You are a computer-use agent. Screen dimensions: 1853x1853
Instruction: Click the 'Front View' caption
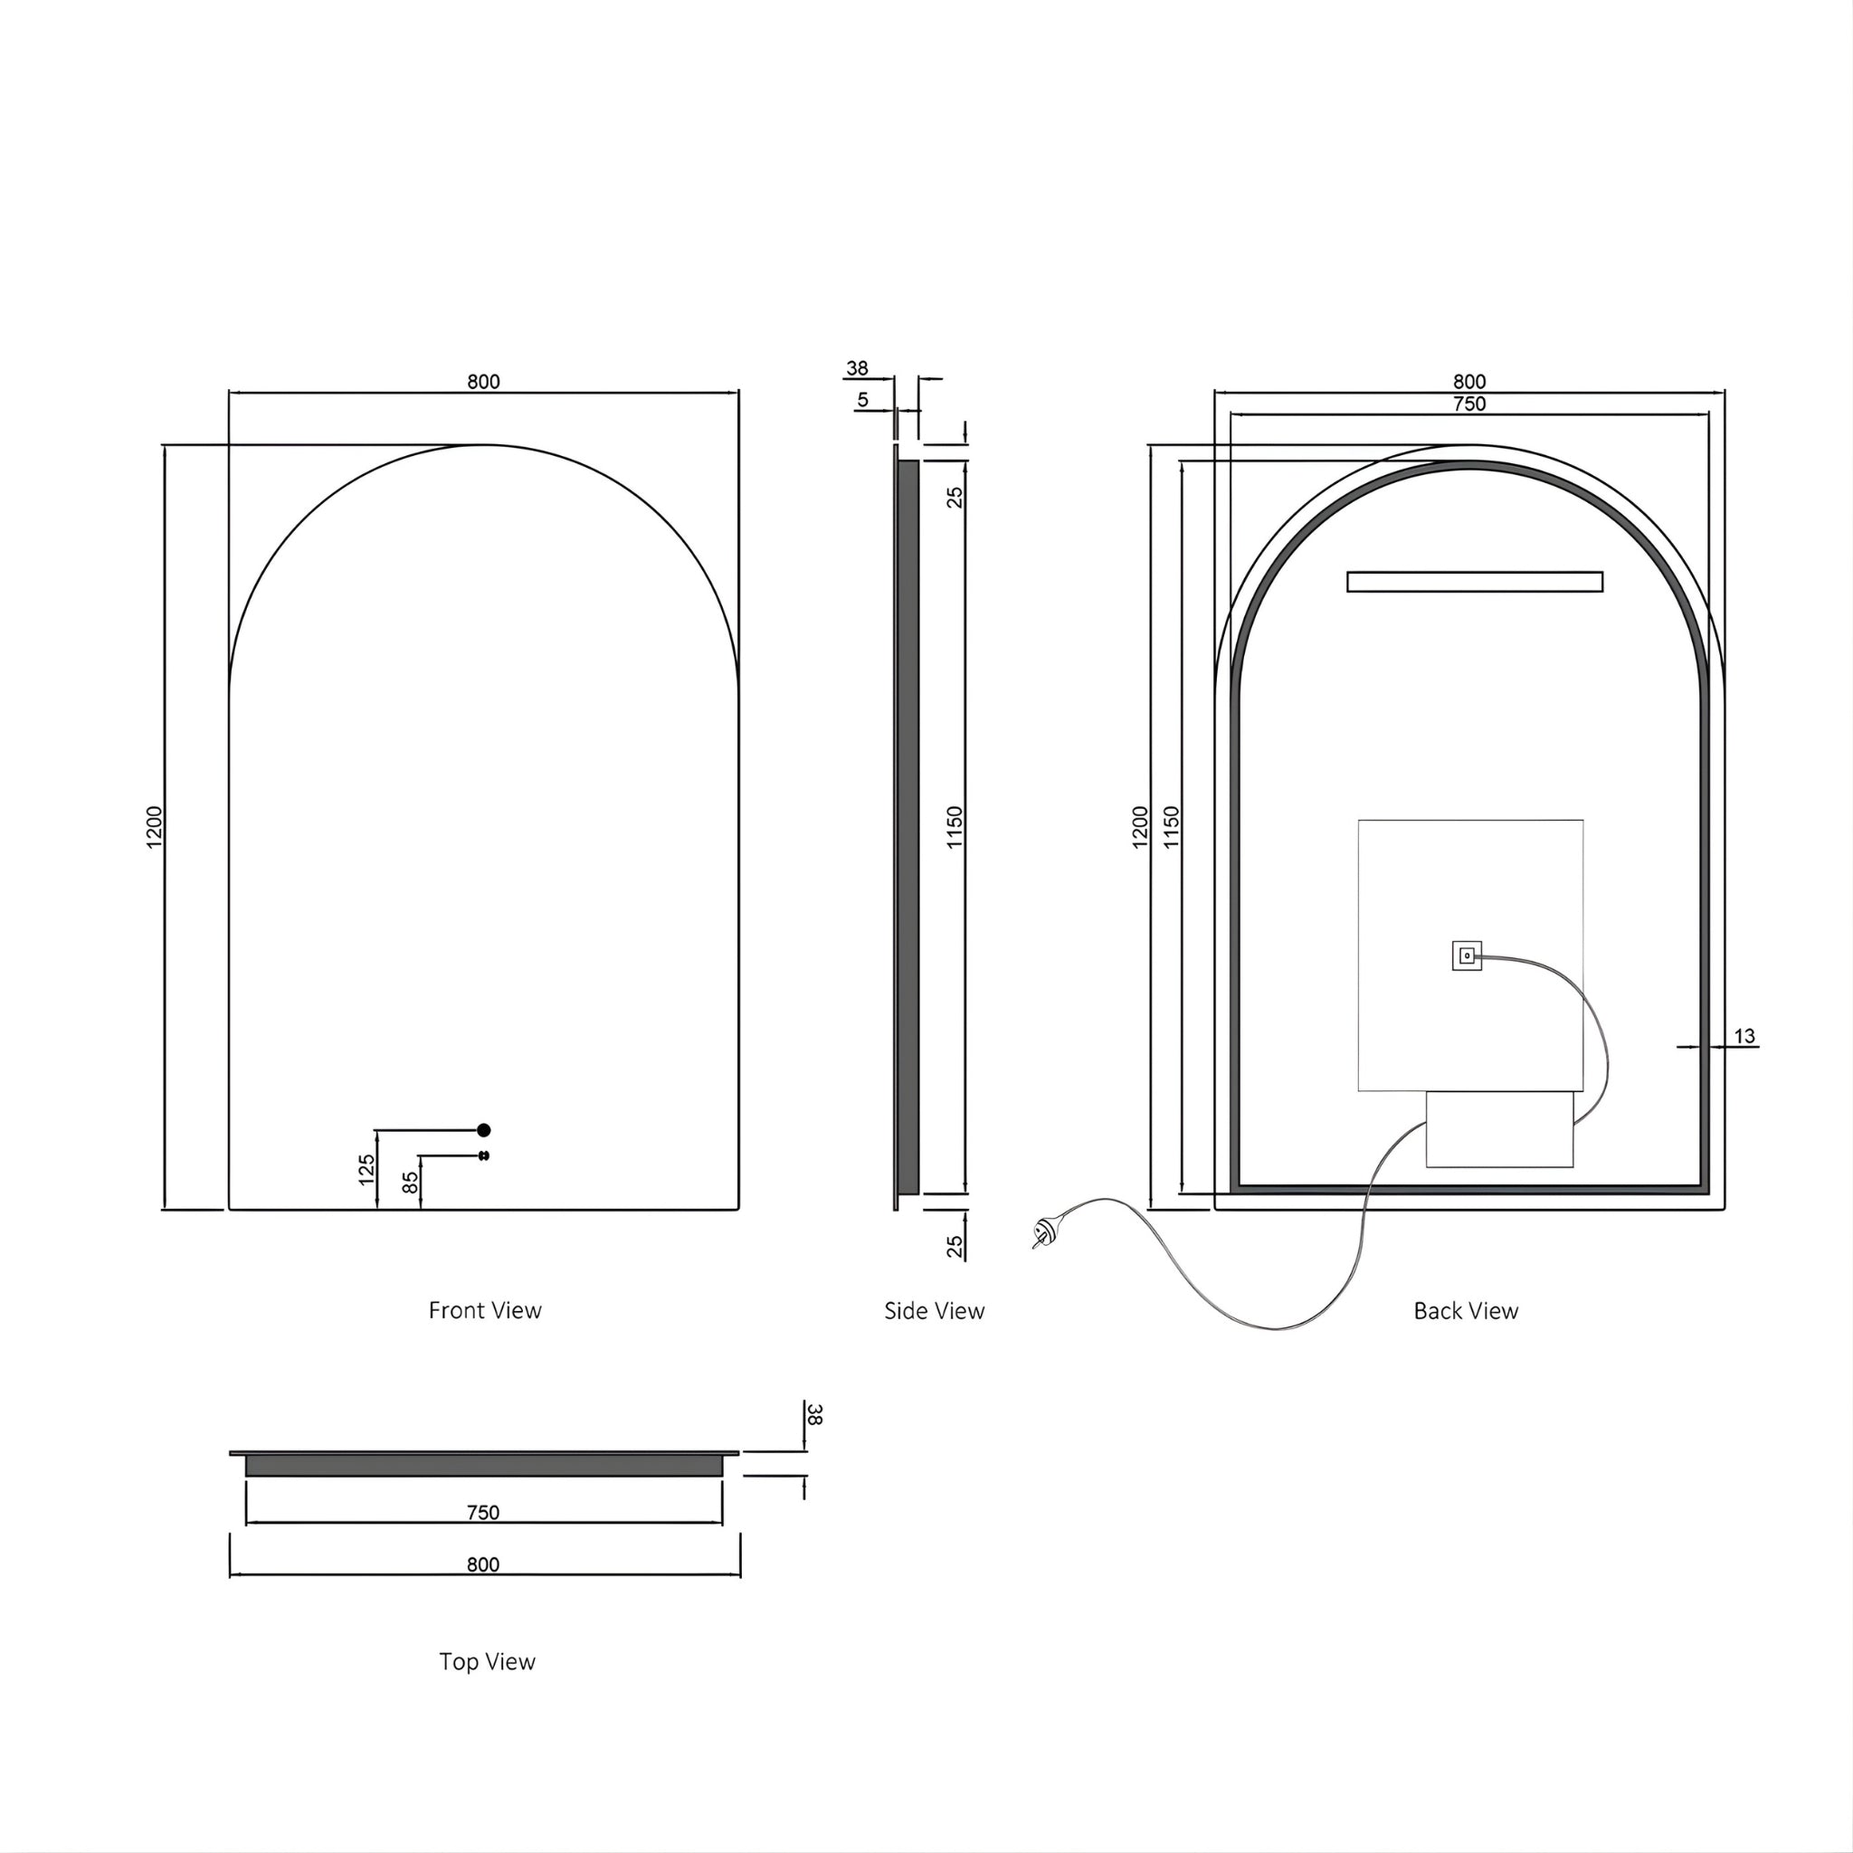coord(485,1310)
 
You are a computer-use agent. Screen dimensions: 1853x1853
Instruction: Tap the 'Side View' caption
coord(934,1311)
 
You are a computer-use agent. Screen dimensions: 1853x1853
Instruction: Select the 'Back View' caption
coord(1466,1311)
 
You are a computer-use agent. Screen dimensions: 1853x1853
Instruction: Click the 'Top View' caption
coord(488,1662)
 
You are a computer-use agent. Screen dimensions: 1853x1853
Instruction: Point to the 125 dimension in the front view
coord(366,1170)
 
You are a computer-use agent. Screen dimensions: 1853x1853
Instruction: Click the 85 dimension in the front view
coord(411,1183)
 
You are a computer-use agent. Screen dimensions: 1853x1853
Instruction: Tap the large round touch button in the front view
coord(483,1130)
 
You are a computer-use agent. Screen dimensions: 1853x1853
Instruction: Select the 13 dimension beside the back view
coord(1744,1036)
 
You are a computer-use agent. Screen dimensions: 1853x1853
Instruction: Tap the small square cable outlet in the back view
coord(1467,955)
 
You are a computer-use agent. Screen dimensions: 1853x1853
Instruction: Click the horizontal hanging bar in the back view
coord(1474,581)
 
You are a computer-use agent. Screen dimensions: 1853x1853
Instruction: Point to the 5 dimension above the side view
coord(862,400)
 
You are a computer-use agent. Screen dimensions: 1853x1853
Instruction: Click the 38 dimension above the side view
coord(857,368)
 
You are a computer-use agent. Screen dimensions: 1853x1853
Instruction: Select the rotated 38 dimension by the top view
coord(815,1415)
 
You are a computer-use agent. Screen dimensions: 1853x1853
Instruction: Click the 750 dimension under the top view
coord(483,1513)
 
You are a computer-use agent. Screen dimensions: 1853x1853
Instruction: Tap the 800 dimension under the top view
coord(483,1564)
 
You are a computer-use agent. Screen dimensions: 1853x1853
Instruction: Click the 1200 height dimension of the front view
coord(156,827)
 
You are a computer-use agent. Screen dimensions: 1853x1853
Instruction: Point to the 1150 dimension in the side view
coord(955,827)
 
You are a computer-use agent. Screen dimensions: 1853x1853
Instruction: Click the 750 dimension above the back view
coord(1468,404)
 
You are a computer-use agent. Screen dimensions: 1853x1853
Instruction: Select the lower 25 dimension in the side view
coord(955,1246)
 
